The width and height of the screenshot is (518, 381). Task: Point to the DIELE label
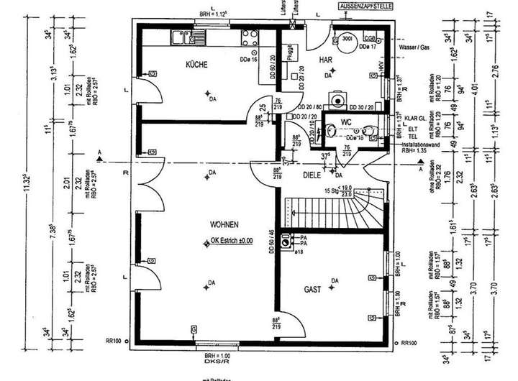pos(311,174)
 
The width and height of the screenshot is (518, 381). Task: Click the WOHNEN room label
pos(224,224)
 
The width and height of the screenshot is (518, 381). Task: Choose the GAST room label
pos(312,289)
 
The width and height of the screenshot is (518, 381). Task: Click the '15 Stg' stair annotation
pos(340,190)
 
